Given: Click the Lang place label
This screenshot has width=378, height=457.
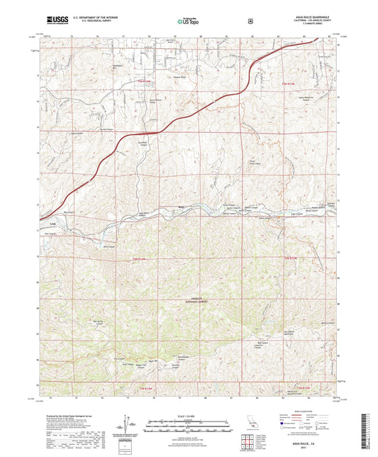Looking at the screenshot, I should [x=53, y=223].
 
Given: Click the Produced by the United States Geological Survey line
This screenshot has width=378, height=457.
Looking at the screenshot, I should [x=71, y=417].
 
